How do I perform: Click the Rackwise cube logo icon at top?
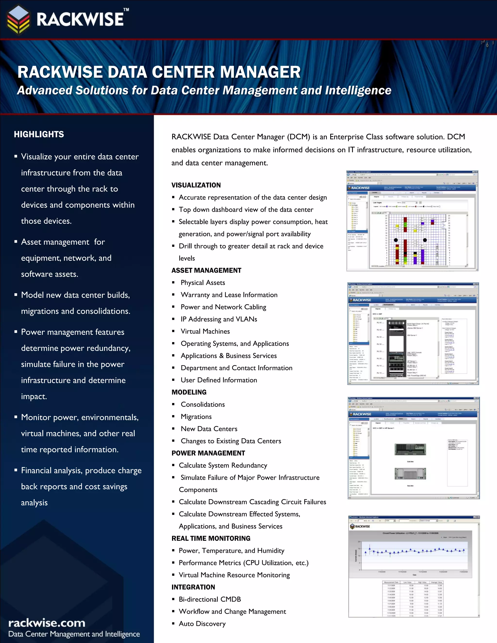[18, 19]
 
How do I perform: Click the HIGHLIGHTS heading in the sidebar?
[39, 135]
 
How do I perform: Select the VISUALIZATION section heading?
[196, 185]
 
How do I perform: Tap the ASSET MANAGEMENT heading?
[207, 271]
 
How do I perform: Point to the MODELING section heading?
[189, 392]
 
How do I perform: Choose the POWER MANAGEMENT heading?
[208, 453]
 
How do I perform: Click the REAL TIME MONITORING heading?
[211, 538]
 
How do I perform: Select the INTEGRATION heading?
[193, 587]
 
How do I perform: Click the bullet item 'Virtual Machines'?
[205, 331]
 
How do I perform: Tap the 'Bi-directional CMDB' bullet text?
[210, 599]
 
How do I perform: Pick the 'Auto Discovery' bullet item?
[202, 624]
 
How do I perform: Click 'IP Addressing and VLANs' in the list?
[219, 319]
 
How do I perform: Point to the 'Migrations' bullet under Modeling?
[196, 417]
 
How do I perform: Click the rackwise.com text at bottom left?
[47, 623]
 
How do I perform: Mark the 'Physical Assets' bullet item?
[203, 283]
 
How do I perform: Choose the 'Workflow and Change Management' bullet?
[232, 611]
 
